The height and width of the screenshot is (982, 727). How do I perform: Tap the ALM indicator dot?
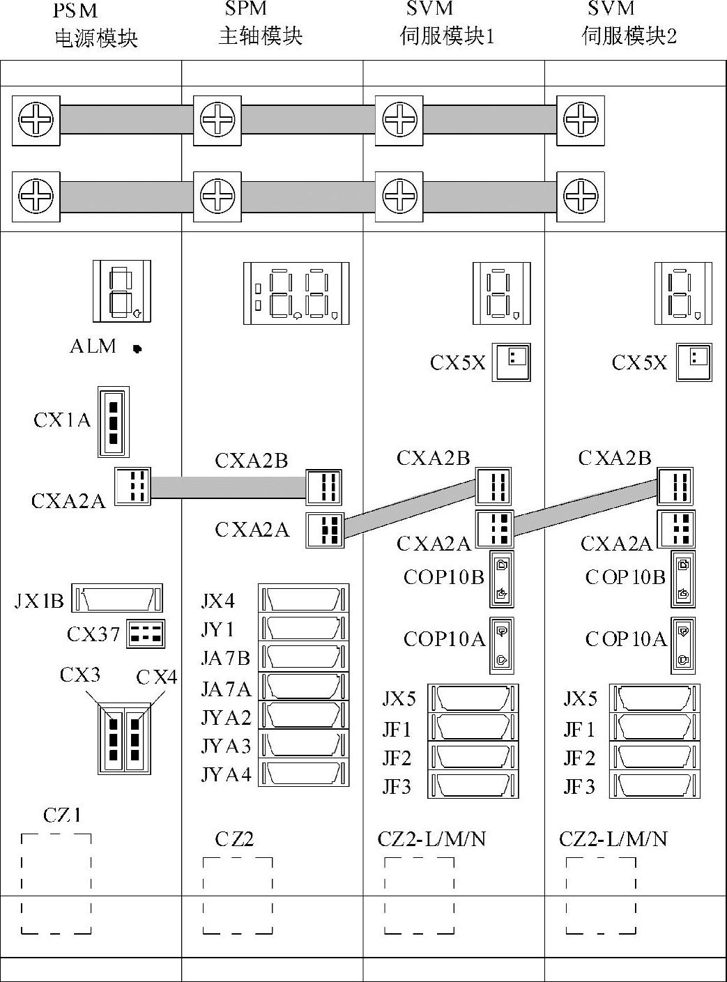click(x=137, y=348)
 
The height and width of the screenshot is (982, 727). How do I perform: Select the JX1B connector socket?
click(x=117, y=599)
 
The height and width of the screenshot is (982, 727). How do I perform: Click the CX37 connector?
click(x=145, y=634)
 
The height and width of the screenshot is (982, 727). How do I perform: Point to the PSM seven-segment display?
click(x=121, y=291)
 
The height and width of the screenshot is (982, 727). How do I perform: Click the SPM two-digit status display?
click(x=296, y=293)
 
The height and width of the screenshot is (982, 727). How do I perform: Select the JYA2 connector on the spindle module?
click(x=304, y=715)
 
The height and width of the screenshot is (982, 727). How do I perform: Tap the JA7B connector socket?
click(x=304, y=657)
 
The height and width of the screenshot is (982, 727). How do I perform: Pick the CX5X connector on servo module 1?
click(x=512, y=362)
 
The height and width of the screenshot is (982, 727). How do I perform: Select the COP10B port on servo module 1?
click(x=502, y=578)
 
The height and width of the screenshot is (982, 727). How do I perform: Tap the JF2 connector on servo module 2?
click(x=655, y=756)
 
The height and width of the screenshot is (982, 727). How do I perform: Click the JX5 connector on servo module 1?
click(x=473, y=698)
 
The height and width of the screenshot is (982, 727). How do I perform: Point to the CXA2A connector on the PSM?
click(x=132, y=485)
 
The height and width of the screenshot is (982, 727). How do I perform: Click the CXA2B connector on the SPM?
click(x=324, y=486)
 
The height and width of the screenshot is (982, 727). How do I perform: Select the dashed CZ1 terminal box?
click(x=56, y=883)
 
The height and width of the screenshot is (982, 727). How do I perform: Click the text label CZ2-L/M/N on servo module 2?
click(x=613, y=838)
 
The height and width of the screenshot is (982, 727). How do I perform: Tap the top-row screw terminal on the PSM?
click(x=36, y=121)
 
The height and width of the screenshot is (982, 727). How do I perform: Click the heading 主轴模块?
click(x=261, y=36)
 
